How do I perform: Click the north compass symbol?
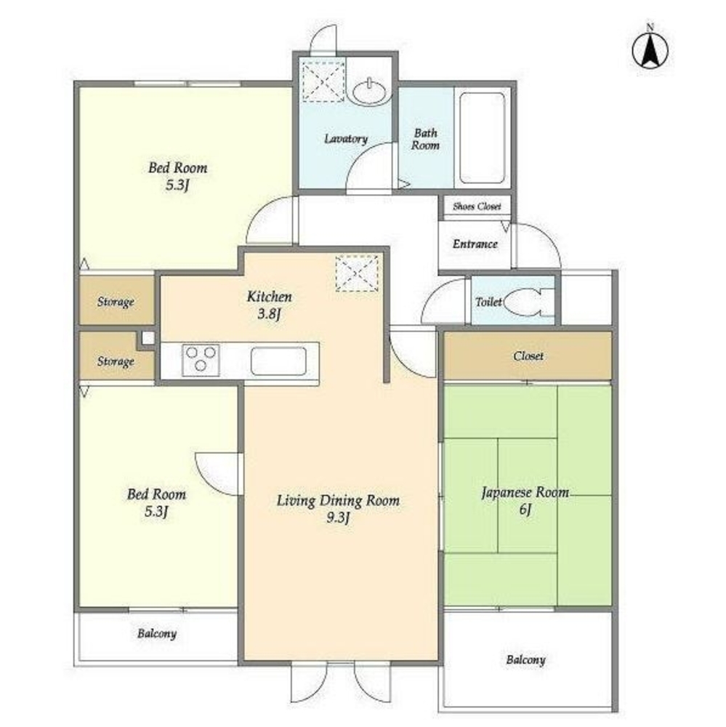coord(650,47)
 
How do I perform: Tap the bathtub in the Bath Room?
coord(482,138)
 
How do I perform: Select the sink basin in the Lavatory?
coord(368,92)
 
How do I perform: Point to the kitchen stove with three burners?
coord(201,360)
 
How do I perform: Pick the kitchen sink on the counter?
coord(278,361)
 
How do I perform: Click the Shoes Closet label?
coord(477,206)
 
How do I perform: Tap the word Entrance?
coord(475,244)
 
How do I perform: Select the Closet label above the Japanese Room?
coord(528,356)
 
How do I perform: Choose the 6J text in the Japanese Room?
coord(525,509)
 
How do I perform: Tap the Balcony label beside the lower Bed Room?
coord(157,633)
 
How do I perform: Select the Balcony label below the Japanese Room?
coord(525,659)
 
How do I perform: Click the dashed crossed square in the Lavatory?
coord(323,81)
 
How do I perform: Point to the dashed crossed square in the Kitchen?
coord(357,273)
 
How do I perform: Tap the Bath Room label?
coord(425,139)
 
